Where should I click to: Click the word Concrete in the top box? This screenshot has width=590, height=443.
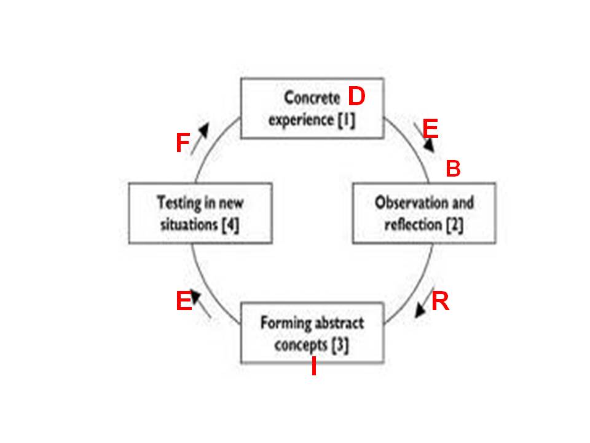click(312, 98)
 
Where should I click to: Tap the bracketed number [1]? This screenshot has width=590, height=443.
click(346, 120)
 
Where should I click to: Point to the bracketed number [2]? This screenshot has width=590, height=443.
click(455, 225)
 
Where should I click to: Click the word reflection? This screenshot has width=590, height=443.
click(413, 225)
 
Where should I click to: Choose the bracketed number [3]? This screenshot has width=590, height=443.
click(340, 345)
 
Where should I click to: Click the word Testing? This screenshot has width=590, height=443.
click(179, 203)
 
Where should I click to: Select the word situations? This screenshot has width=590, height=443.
click(189, 225)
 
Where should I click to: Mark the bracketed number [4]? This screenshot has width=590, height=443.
click(230, 225)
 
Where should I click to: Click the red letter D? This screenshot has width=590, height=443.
click(356, 96)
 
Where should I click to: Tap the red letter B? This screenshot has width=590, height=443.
click(453, 168)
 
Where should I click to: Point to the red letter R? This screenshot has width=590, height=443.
click(440, 301)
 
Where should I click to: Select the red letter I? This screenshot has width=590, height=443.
click(313, 366)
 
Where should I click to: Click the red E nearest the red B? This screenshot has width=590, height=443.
click(430, 129)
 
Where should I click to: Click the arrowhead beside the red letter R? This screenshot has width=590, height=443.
click(420, 311)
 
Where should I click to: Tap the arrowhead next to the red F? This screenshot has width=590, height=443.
click(204, 129)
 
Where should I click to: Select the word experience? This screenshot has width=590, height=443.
click(301, 121)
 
